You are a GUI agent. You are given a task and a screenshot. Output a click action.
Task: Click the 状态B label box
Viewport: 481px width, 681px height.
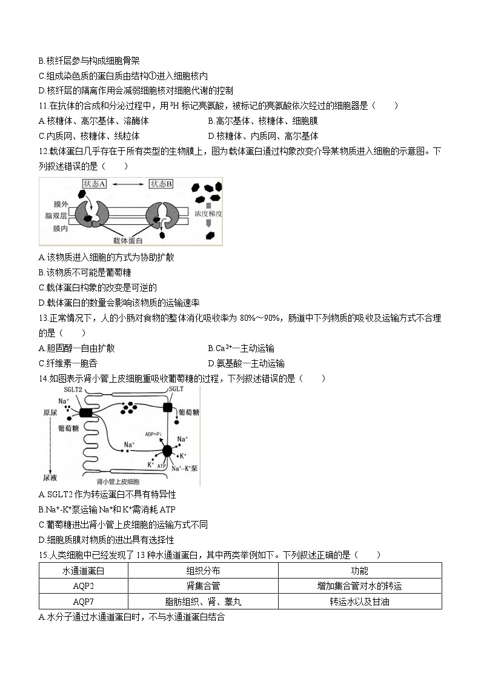(161, 184)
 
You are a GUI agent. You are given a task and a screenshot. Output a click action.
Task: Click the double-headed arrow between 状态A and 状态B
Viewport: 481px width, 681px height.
(128, 184)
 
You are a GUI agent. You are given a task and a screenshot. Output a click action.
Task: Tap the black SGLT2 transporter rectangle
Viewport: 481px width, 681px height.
(86, 412)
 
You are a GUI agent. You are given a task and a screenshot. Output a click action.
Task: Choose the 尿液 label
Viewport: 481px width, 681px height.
(50, 477)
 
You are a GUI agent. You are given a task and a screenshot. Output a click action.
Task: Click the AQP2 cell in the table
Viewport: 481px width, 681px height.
(84, 586)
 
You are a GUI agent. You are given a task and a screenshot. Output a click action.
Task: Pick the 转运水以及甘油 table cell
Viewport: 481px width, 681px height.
(360, 602)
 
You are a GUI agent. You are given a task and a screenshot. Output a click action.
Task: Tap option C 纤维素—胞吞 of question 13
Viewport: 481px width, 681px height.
(68, 364)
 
